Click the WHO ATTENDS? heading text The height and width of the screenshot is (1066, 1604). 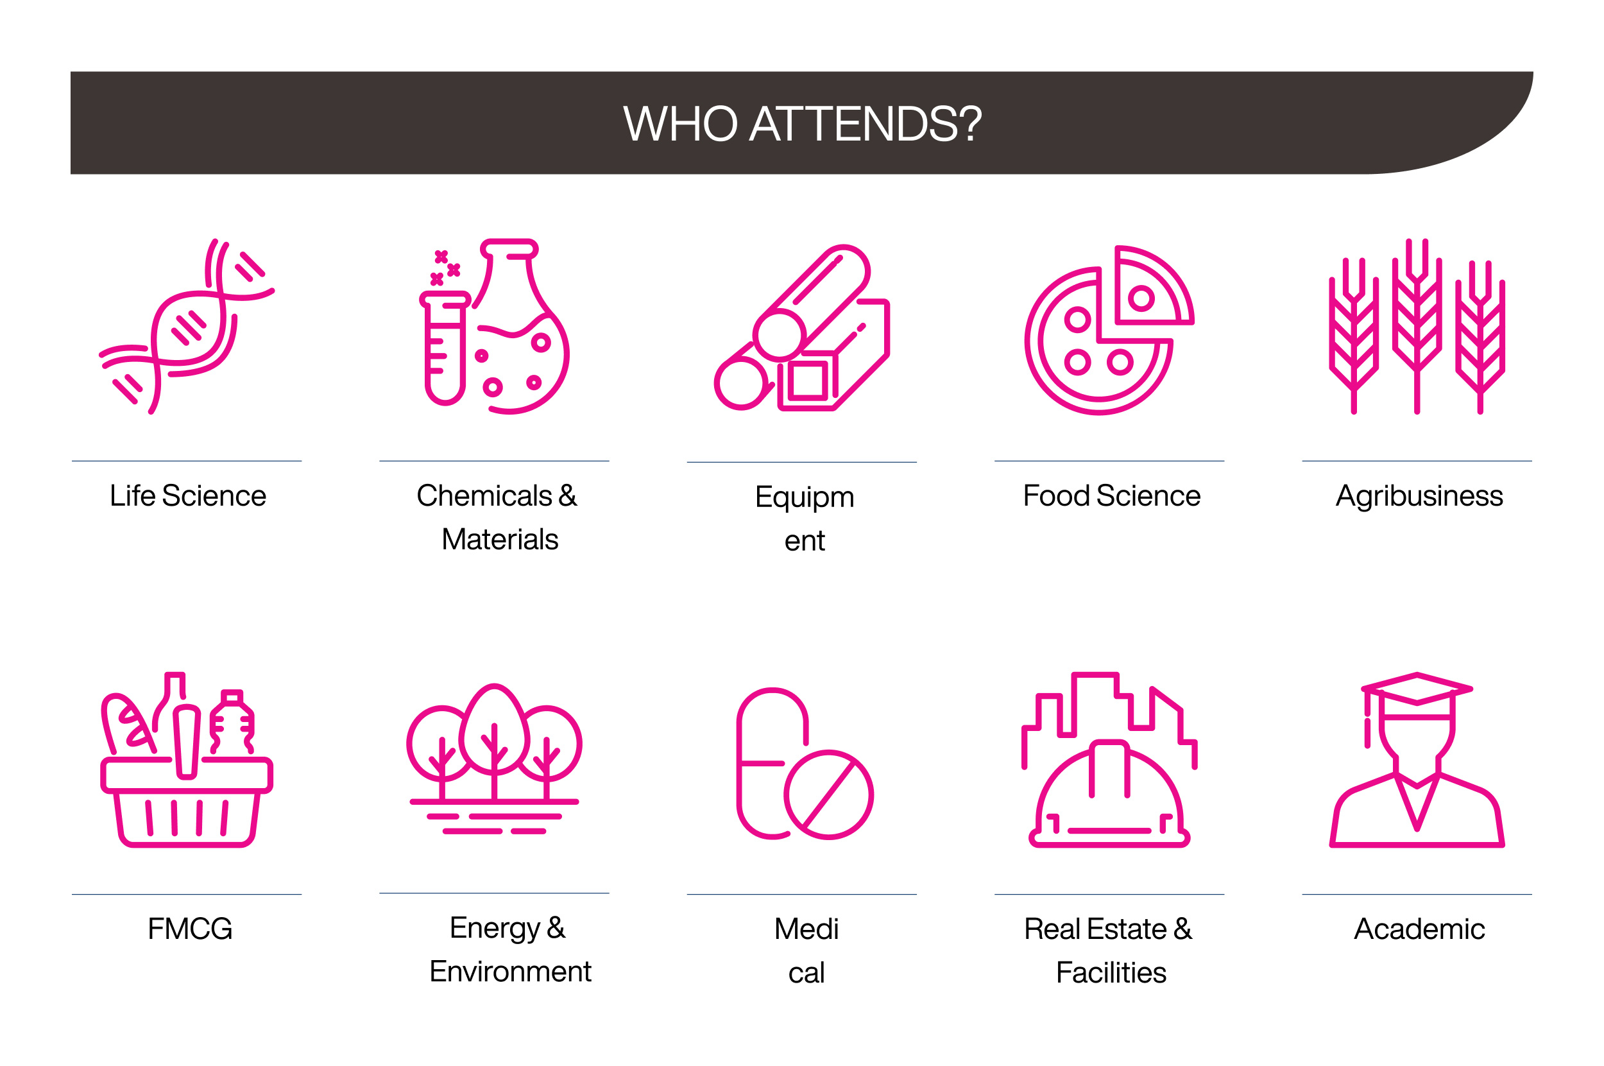click(802, 124)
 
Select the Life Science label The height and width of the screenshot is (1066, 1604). click(187, 495)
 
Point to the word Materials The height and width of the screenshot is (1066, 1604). click(500, 539)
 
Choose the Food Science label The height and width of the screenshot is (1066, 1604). click(1111, 495)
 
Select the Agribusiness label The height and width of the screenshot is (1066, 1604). click(1419, 495)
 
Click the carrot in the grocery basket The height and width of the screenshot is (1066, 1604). click(186, 742)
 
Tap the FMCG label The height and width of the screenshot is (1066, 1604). click(190, 929)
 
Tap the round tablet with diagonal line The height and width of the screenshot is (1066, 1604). click(828, 795)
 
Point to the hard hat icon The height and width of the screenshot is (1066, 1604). click(1109, 795)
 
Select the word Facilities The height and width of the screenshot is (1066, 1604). click(1111, 973)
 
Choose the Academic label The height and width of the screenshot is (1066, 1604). click(1419, 929)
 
